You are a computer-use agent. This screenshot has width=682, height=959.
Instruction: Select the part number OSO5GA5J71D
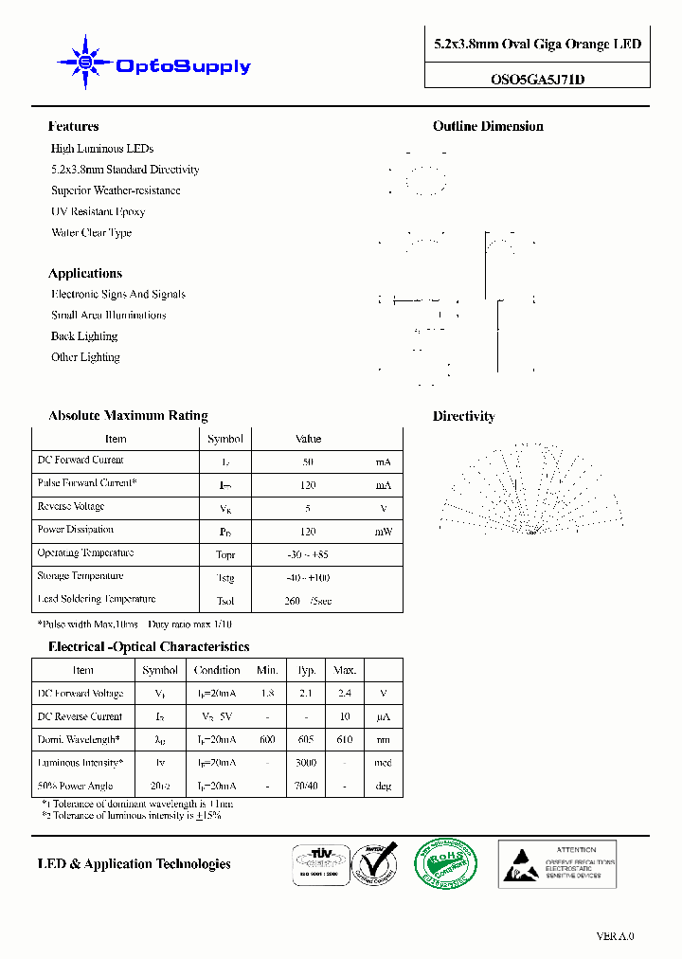537,80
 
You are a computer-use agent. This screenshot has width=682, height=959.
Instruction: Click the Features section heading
73,126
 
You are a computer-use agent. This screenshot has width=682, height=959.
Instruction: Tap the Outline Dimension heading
488,126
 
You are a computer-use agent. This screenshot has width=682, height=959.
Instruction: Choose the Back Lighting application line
84,336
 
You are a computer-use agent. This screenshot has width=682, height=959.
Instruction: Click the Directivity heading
463,416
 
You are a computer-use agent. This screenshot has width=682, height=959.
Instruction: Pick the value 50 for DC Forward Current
308,462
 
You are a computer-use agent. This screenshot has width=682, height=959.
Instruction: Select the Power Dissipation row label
76,530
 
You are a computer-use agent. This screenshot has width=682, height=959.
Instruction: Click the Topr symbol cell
225,555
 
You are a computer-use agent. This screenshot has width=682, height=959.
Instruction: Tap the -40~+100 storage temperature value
308,578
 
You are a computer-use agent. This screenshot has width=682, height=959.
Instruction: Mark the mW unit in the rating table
383,533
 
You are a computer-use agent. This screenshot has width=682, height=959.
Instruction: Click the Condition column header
217,670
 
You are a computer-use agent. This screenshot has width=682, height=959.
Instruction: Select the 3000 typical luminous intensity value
306,763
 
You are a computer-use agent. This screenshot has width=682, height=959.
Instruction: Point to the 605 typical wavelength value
306,740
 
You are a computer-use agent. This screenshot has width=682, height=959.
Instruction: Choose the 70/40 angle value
306,787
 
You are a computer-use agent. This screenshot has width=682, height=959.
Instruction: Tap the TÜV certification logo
317,863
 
